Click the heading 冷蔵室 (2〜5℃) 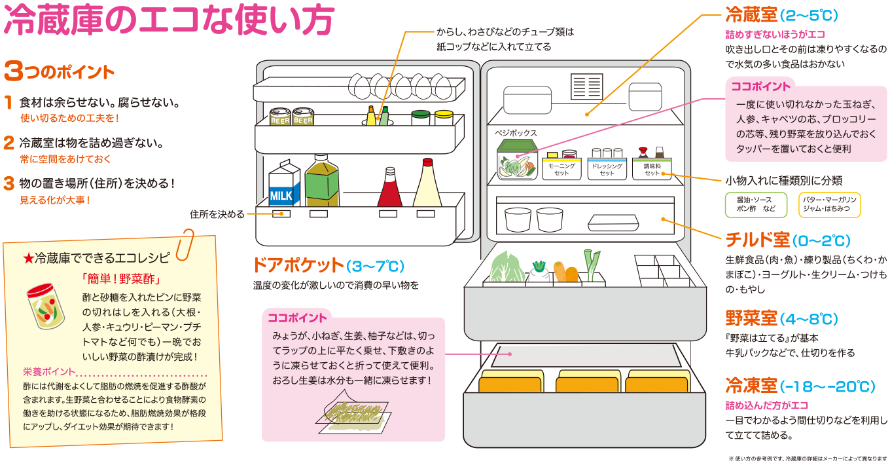click(781, 15)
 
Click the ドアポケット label click(298, 265)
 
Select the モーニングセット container click(561, 168)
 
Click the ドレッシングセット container click(606, 168)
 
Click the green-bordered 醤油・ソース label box click(754, 204)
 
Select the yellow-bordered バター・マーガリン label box click(829, 204)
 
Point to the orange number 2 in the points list click(9, 142)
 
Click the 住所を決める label click(217, 214)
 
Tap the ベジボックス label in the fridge click(516, 133)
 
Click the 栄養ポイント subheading click(50, 371)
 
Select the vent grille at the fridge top click(586, 85)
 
